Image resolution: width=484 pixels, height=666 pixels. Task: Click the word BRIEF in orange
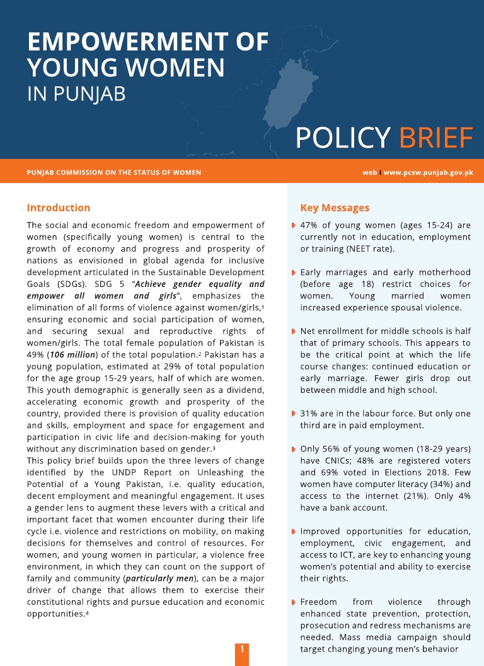pyautogui.click(x=436, y=138)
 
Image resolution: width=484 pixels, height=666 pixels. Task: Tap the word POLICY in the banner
pyautogui.click(x=343, y=138)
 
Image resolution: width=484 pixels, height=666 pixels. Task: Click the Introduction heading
pyautogui.click(x=59, y=207)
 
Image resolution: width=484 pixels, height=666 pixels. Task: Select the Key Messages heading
pyautogui.click(x=335, y=207)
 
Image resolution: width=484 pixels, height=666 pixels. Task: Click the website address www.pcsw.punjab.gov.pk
pyautogui.click(x=428, y=172)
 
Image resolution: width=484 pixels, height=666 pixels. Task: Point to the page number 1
pyautogui.click(x=241, y=648)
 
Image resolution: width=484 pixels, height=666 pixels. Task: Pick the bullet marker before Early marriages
pyautogui.click(x=294, y=272)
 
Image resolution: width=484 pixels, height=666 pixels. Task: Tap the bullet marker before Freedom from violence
pyautogui.click(x=294, y=602)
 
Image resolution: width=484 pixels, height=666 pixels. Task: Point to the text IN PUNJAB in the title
pyautogui.click(x=76, y=94)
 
